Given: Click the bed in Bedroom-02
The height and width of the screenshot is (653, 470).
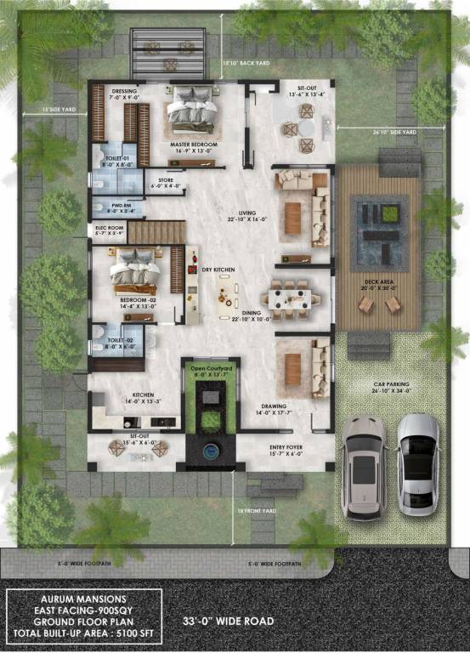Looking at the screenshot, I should [x=134, y=268].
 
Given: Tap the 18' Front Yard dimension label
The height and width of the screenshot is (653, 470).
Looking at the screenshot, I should [x=257, y=510].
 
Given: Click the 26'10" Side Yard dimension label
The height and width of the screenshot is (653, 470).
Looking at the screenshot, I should [x=394, y=133].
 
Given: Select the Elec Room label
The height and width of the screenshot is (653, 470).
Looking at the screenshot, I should [x=110, y=228].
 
